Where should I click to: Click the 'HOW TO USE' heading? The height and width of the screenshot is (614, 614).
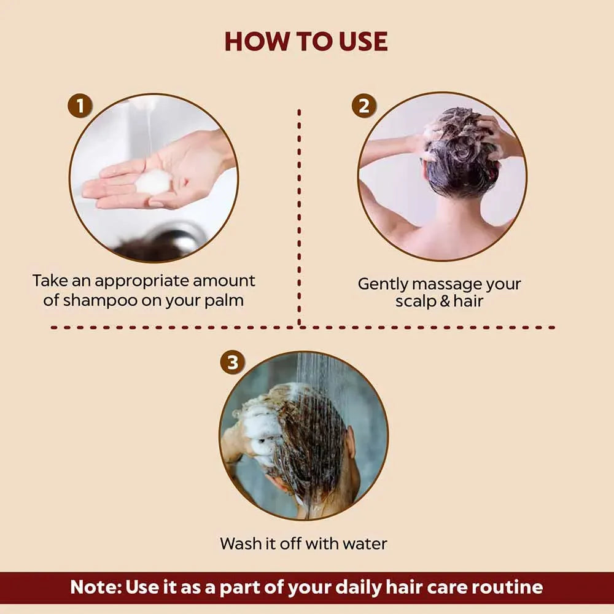[x=306, y=41]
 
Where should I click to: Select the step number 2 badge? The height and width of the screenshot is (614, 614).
[x=363, y=105]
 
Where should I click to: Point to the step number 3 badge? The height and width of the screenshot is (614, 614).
[x=232, y=363]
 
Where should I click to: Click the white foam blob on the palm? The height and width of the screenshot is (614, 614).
[x=153, y=182]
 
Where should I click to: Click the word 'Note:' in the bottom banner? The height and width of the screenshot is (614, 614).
[x=96, y=586]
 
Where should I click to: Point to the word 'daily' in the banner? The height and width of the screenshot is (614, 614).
[x=367, y=586]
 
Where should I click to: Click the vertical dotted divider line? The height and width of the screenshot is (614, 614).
[x=299, y=215]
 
